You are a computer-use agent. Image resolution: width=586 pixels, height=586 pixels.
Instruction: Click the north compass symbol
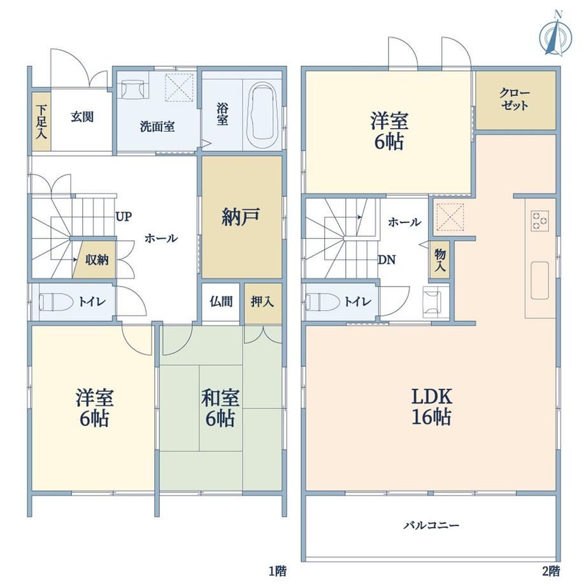(555, 37)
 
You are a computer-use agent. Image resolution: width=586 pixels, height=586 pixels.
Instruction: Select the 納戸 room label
(241, 217)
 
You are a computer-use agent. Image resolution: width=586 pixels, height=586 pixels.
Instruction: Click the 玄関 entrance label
(82, 117)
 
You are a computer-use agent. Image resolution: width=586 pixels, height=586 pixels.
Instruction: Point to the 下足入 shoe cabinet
(41, 122)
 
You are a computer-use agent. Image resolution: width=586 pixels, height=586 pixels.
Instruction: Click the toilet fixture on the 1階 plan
(56, 301)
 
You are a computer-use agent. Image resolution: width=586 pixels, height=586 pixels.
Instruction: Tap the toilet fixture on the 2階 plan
(323, 301)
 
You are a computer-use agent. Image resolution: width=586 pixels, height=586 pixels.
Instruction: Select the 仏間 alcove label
(221, 301)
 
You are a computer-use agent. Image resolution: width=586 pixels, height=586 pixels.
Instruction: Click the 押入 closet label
(262, 301)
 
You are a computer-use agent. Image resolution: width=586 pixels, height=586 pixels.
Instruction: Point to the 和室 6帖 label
(220, 408)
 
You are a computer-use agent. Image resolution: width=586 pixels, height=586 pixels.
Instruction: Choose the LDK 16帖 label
(432, 406)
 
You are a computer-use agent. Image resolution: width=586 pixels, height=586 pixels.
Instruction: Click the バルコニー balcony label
(431, 525)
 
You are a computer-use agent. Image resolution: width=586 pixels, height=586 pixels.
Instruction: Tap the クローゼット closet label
(515, 99)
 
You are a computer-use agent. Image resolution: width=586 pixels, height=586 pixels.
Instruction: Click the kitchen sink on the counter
(540, 280)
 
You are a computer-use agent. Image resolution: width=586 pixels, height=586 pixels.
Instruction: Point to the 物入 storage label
(440, 260)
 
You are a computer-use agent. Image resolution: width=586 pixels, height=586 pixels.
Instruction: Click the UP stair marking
(124, 217)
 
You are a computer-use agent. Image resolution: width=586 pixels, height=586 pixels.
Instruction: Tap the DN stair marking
(387, 260)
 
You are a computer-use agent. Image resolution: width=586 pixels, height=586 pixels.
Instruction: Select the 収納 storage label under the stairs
(97, 260)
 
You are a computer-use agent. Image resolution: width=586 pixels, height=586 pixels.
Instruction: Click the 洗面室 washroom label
(157, 126)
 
